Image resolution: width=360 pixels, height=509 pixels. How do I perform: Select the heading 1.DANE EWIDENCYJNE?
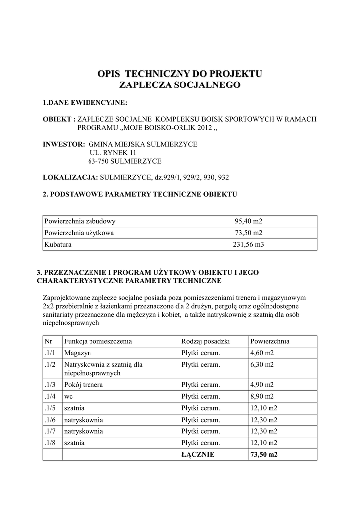pyautogui.click(x=85, y=103)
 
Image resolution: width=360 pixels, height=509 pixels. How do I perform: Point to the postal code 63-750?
pyautogui.click(x=98, y=161)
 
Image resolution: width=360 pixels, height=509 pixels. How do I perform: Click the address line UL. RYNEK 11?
pyautogui.click(x=112, y=153)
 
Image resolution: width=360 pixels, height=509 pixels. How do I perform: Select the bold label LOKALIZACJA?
pyautogui.click(x=70, y=177)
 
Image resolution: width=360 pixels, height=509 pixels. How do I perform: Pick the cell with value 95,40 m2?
pyautogui.click(x=248, y=221)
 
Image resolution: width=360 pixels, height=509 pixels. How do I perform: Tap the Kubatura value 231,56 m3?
pyautogui.click(x=248, y=245)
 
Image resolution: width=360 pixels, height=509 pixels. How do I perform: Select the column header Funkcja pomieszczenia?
pyautogui.click(x=97, y=341)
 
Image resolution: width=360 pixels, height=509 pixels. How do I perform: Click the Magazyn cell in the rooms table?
pyautogui.click(x=77, y=353)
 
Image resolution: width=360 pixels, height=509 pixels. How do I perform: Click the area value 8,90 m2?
pyautogui.click(x=262, y=396)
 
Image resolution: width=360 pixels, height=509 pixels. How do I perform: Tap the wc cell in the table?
pyautogui.click(x=69, y=396)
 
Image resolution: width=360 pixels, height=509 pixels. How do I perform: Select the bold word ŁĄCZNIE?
pyautogui.click(x=198, y=454)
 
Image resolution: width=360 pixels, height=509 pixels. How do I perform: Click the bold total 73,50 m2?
pyautogui.click(x=264, y=454)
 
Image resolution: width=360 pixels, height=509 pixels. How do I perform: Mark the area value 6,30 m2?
pyautogui.click(x=262, y=365)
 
